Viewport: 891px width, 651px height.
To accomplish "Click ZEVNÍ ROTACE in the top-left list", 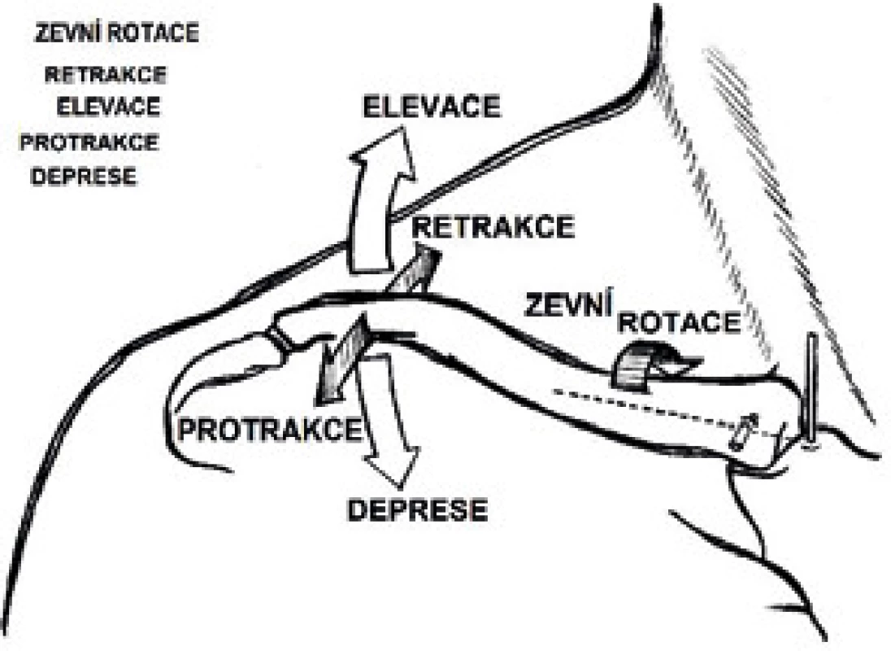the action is point(117,33).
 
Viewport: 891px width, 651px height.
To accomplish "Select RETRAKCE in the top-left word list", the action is point(106,75).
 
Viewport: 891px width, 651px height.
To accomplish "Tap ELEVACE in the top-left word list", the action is point(109,107).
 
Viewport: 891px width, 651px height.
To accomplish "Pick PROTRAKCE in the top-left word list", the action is point(89,142).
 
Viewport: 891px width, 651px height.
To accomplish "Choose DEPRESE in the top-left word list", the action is point(84,177).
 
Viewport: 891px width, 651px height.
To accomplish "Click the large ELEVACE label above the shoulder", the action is point(432,107).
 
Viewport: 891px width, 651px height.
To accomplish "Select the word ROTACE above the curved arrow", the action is point(679,322).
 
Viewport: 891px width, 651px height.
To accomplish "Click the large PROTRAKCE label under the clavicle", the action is point(271,430).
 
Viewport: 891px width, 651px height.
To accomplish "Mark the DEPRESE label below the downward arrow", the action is point(418,510).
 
